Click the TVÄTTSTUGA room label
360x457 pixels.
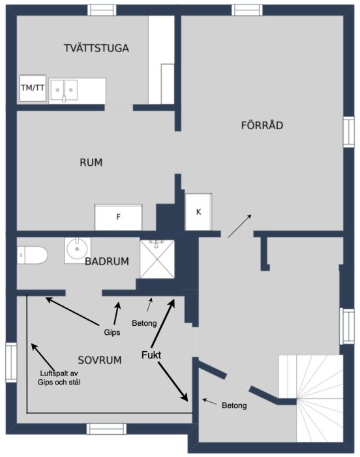(x=97, y=48)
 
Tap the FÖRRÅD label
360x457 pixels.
(x=262, y=125)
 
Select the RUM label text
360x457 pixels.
(x=91, y=163)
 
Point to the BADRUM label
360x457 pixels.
(x=107, y=261)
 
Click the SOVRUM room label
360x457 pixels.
(x=100, y=360)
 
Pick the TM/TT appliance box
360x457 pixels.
(x=33, y=88)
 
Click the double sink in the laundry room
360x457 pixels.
(x=64, y=90)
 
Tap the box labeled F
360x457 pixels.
(x=118, y=217)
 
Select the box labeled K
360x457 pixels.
(x=199, y=212)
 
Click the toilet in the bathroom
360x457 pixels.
(x=32, y=255)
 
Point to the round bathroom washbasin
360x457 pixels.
(x=77, y=250)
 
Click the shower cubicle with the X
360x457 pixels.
(x=157, y=259)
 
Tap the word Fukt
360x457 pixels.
(x=151, y=355)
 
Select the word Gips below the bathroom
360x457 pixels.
(x=112, y=332)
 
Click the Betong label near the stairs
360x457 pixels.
(x=234, y=405)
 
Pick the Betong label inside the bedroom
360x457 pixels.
(x=144, y=323)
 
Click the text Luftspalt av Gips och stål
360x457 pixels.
(x=59, y=378)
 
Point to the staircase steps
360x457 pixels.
(x=311, y=398)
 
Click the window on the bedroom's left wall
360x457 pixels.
(x=11, y=362)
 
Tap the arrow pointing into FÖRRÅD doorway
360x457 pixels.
(x=240, y=226)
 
